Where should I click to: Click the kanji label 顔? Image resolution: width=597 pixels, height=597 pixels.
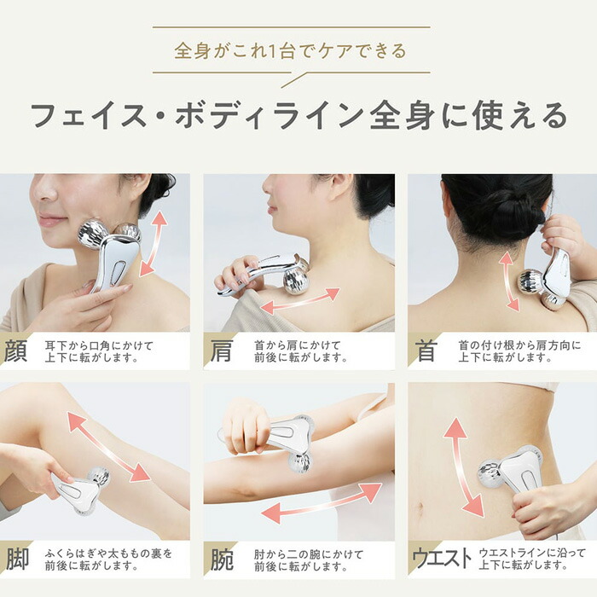(16, 351)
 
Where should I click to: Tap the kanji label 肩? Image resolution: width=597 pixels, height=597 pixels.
(221, 351)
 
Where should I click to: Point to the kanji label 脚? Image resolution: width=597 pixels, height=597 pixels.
(16, 559)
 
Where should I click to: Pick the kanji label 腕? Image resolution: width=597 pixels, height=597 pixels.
(221, 559)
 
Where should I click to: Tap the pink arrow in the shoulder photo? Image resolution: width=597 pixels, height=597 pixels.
(299, 300)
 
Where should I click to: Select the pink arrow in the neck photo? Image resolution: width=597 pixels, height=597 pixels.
(509, 281)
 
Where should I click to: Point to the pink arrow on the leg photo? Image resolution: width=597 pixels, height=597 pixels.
(109, 447)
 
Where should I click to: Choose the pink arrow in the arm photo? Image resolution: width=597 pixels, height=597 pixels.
(321, 503)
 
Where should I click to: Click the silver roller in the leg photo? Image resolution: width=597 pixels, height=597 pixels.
(81, 488)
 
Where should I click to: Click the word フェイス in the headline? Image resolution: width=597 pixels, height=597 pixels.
(95, 116)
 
